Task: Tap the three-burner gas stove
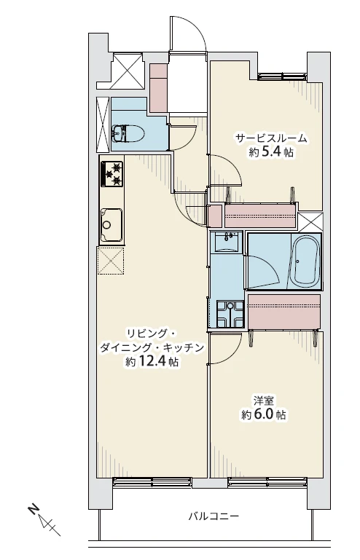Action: (x=112, y=173)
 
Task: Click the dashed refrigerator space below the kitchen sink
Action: (x=111, y=261)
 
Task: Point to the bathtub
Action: (x=304, y=261)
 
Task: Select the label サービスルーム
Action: (x=270, y=138)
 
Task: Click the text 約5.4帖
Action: (x=270, y=154)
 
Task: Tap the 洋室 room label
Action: (x=263, y=400)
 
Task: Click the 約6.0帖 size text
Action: (x=263, y=415)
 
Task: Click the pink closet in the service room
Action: (x=260, y=216)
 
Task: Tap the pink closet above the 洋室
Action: (x=284, y=312)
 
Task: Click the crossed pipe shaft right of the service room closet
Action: (x=309, y=221)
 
